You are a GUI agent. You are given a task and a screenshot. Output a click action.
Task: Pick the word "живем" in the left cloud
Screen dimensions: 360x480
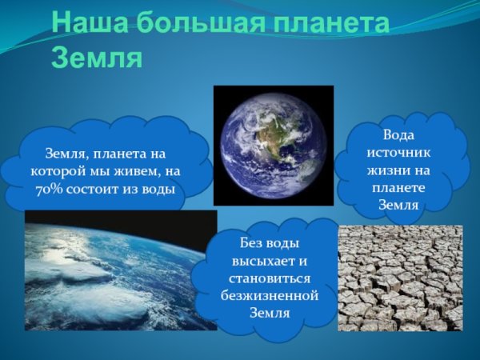click(134, 171)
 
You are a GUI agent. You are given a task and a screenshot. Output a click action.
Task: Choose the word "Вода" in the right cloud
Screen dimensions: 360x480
click(398, 134)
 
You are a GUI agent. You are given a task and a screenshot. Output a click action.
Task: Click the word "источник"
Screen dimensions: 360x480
click(398, 152)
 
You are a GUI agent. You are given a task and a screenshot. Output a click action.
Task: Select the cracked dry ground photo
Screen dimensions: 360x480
click(400, 278)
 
